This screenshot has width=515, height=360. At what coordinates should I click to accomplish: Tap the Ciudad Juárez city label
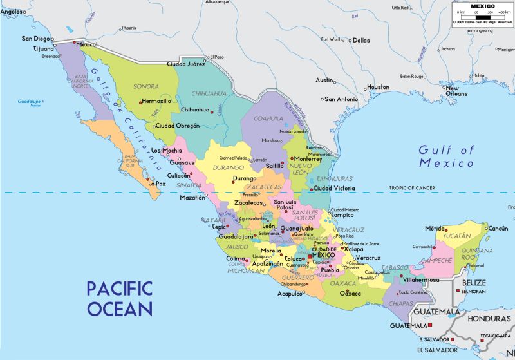pos(186,64)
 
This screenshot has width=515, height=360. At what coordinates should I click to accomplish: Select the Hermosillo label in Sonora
pos(156,101)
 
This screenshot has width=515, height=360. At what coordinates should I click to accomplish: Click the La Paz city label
pos(157,184)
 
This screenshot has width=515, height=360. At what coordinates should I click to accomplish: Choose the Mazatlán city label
pos(192,197)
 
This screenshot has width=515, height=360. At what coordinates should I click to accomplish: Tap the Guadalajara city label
pos(236,236)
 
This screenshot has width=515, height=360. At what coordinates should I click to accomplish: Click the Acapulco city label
pos(290,294)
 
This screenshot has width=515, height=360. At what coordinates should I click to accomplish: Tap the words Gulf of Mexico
pos(446,156)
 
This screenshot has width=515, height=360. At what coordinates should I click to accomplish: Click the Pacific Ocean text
pos(120,297)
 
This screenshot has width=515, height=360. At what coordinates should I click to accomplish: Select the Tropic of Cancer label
pos(411,188)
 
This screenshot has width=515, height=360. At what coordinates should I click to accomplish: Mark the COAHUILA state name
pos(268,118)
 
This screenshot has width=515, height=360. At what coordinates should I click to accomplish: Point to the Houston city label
pos(378,87)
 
